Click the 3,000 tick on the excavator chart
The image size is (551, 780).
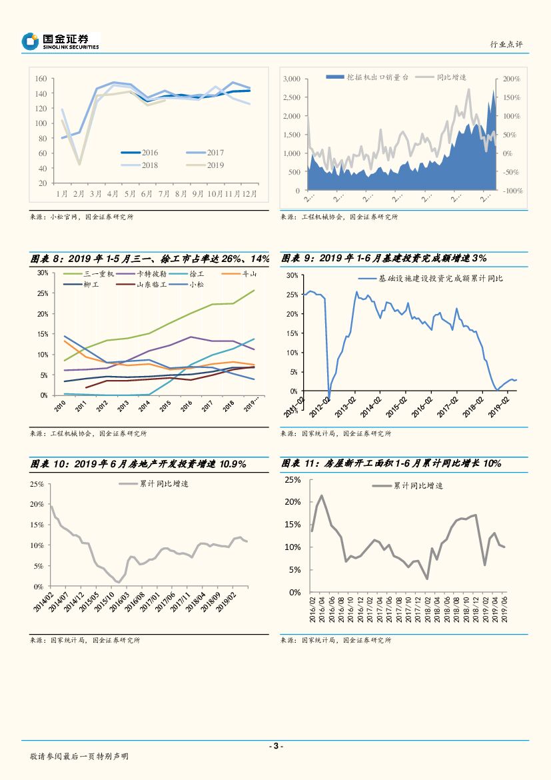tap(292, 79)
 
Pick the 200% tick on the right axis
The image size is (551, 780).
tap(512, 79)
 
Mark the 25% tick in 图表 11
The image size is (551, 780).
tap(292, 480)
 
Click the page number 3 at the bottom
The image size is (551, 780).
tap(275, 746)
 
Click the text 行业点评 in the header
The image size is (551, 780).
tap(506, 44)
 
